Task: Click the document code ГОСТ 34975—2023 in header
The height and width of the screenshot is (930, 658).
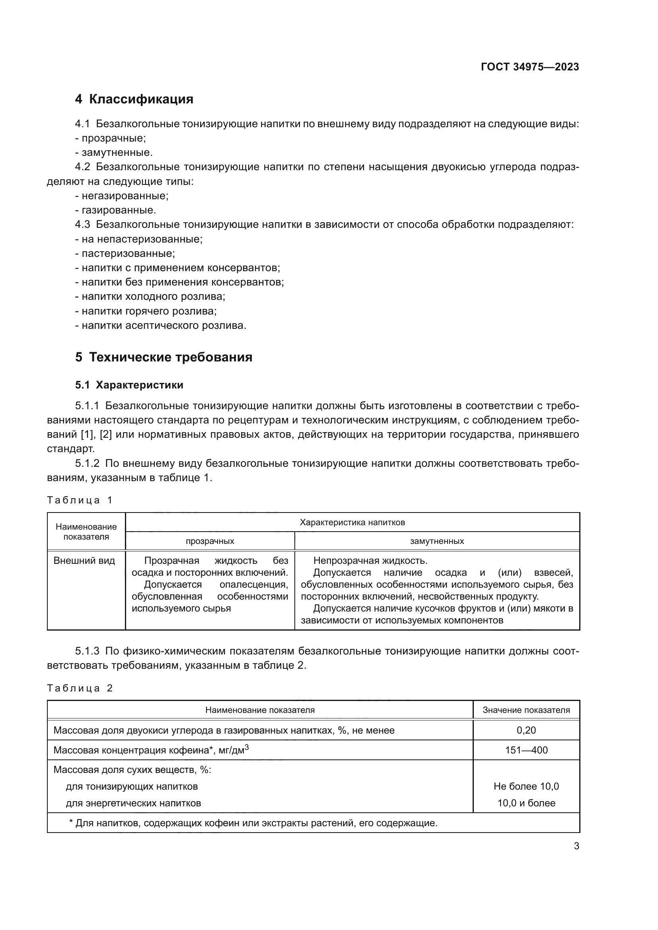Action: tap(530, 67)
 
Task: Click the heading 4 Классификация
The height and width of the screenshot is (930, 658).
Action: tap(134, 99)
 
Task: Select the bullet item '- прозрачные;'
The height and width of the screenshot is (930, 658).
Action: tap(111, 138)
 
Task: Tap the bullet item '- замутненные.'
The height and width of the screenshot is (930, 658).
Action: tap(114, 153)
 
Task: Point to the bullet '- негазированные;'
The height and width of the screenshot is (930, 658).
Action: tap(122, 196)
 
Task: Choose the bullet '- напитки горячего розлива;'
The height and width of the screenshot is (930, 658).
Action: tap(146, 311)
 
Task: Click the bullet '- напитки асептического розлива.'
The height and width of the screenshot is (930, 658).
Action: tap(160, 325)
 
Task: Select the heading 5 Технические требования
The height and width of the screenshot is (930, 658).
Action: tap(164, 357)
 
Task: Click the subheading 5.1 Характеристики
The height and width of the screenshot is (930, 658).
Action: tap(129, 385)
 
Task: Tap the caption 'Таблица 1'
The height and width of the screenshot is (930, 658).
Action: tap(80, 500)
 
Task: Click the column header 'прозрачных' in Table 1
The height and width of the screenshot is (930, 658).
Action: tap(210, 541)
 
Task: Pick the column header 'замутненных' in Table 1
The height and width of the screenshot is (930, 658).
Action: tap(437, 541)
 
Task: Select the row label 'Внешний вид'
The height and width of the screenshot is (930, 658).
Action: tap(84, 561)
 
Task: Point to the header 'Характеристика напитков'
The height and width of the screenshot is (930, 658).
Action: tap(352, 522)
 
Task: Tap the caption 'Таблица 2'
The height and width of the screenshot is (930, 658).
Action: tap(80, 688)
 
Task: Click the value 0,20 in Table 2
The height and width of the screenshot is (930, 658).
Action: tap(526, 730)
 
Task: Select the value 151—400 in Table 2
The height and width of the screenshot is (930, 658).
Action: tap(526, 750)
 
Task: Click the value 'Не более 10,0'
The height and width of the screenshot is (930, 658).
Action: tap(526, 786)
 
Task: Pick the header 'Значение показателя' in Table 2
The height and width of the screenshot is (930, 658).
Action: tap(526, 710)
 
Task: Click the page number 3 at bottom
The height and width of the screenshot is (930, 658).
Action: tap(576, 846)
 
